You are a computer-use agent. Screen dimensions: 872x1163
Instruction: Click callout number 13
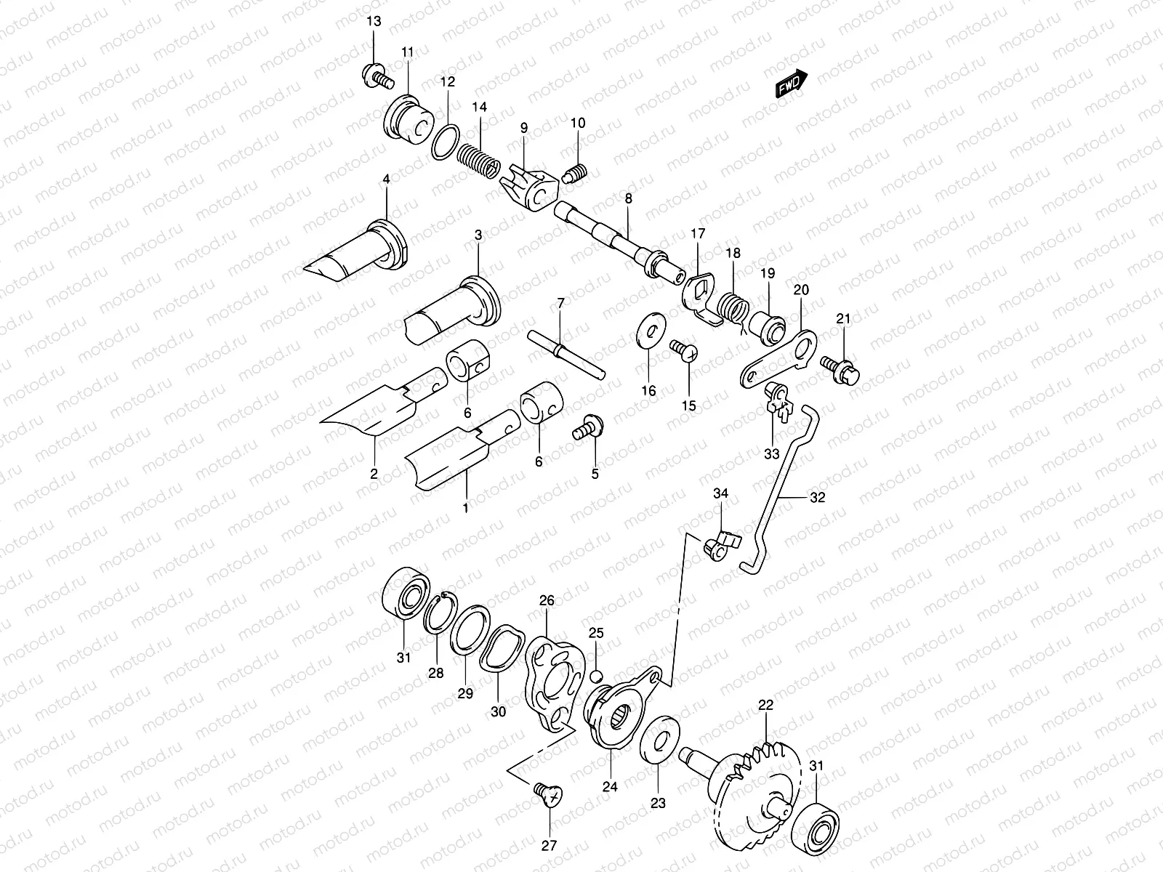coord(373,21)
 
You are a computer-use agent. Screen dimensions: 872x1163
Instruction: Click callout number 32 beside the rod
coord(818,498)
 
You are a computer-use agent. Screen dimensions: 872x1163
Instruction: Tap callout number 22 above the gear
coord(765,705)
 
